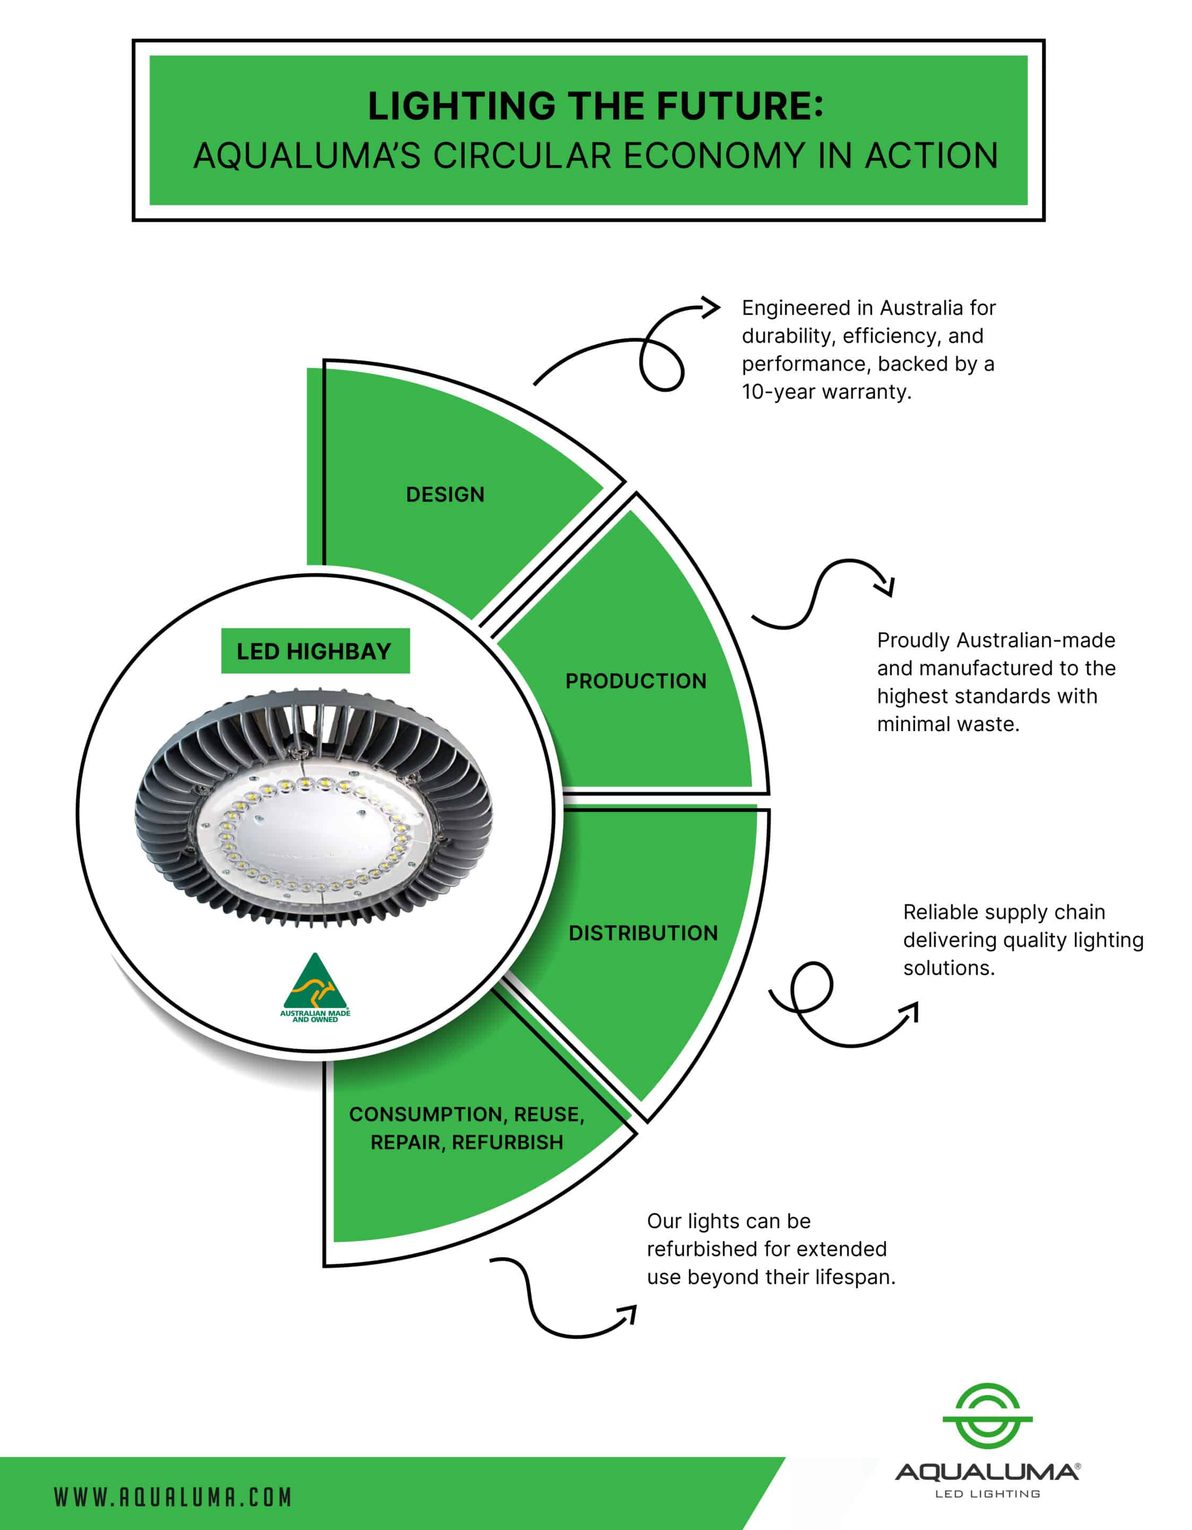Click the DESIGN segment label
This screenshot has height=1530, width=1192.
click(x=445, y=495)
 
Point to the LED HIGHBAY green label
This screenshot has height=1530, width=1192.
click(x=314, y=651)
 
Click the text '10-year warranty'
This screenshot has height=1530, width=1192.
click(x=826, y=392)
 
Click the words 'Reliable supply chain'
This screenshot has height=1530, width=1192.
click(x=1004, y=912)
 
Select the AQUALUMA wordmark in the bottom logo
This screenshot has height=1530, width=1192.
click(x=986, y=1473)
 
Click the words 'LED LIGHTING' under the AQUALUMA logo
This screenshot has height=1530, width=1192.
click(x=987, y=1494)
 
